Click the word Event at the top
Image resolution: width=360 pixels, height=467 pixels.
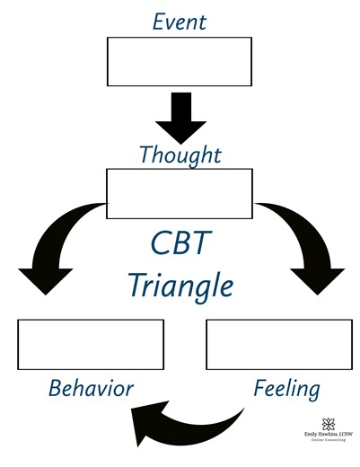coord(180,21)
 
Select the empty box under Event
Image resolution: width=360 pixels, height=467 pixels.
coord(180,59)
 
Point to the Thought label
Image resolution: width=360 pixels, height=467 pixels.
coord(180,154)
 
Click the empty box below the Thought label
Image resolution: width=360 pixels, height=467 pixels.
coord(180,193)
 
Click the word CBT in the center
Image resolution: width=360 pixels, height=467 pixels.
coord(180,245)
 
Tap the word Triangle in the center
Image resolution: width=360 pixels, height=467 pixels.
coord(180,286)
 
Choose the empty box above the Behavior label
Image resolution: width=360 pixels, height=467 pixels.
coord(91,344)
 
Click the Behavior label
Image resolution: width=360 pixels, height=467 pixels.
coord(91,389)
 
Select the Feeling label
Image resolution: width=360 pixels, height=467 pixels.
coord(286,390)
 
